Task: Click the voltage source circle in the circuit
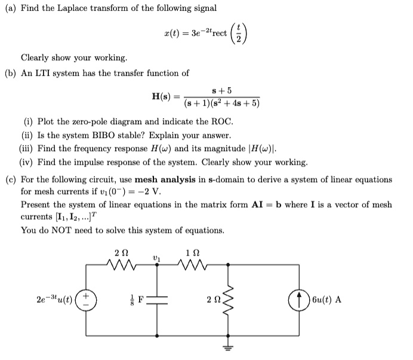click(88, 299)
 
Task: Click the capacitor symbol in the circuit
click(157, 300)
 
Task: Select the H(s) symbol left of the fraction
click(163, 96)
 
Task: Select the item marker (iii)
click(27, 149)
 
